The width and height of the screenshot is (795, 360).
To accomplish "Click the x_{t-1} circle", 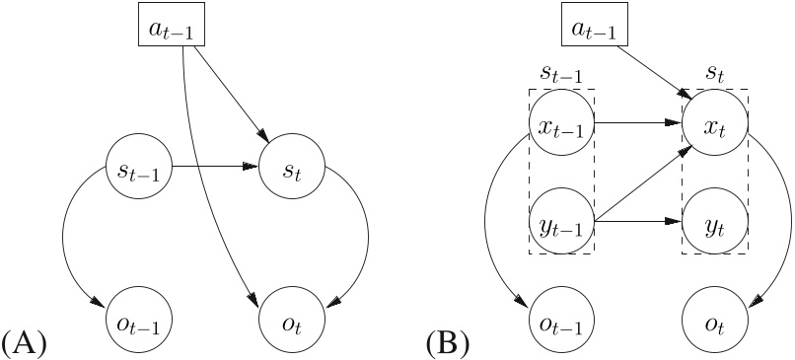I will click(561, 125).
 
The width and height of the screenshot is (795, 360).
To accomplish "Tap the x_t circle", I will click(715, 125).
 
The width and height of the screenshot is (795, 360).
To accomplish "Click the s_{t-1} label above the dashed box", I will click(561, 75).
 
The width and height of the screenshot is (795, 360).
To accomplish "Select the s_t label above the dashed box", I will click(715, 75).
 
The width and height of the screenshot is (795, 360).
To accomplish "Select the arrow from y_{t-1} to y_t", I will click(638, 221).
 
